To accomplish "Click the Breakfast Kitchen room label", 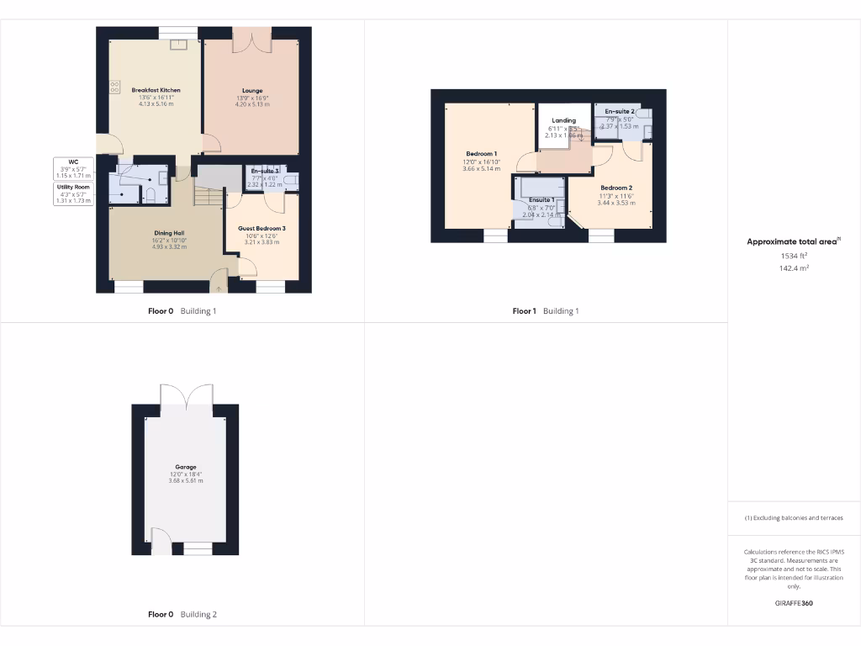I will (156, 90).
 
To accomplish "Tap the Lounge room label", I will (252, 91).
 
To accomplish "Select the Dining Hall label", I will (168, 233).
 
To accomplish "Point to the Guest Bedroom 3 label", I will (261, 229).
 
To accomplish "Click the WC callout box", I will (73, 168).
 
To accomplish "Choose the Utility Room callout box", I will (73, 193).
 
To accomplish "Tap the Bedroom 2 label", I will (616, 188).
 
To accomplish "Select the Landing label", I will (563, 121).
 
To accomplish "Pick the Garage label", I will (186, 467).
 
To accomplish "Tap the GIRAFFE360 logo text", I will (794, 603).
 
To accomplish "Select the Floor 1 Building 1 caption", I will (546, 311).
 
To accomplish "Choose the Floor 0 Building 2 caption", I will (182, 615).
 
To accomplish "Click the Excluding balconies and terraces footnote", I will (794, 518).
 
